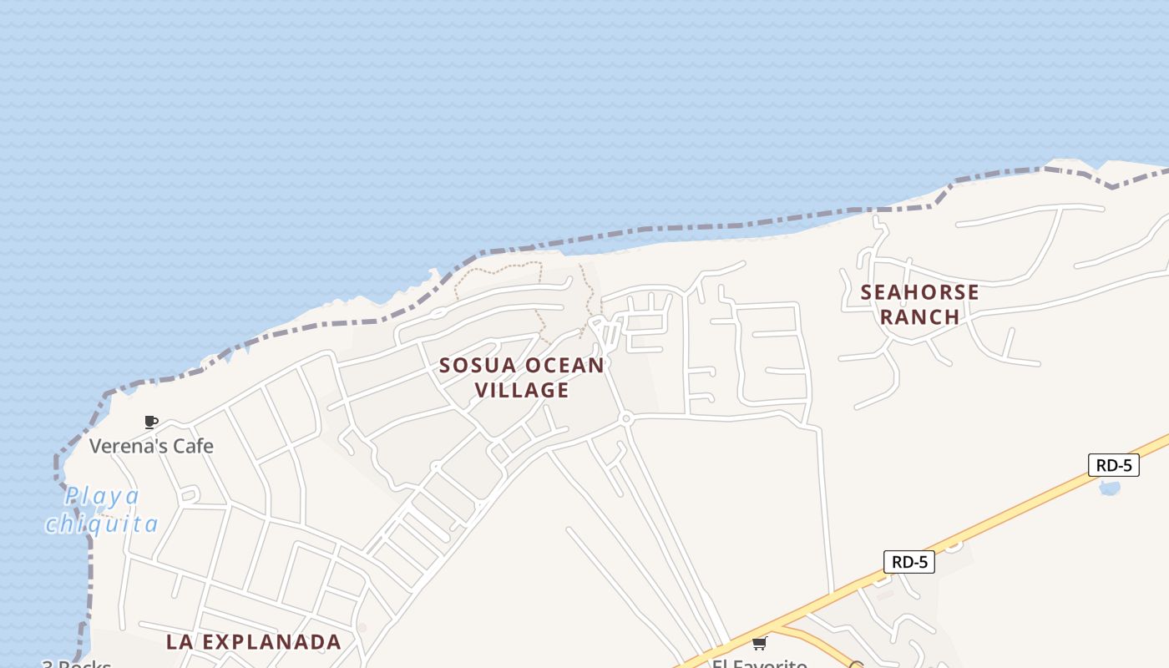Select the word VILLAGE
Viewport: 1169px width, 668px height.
(522, 390)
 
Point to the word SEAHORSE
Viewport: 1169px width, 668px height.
(919, 292)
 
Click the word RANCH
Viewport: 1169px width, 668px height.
(919, 317)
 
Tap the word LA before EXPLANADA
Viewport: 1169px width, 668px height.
(180, 642)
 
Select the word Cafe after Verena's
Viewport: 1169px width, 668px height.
(193, 446)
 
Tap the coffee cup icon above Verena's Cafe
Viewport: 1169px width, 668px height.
(151, 423)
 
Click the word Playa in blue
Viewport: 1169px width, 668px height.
(103, 496)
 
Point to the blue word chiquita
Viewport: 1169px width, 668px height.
(102, 524)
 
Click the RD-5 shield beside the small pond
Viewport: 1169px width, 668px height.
(1113, 465)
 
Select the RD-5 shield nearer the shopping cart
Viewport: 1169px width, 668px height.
(908, 562)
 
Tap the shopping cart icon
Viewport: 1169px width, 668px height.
(759, 643)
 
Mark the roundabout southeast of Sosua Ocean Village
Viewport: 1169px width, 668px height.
(625, 417)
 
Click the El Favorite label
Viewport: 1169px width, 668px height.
(759, 663)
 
